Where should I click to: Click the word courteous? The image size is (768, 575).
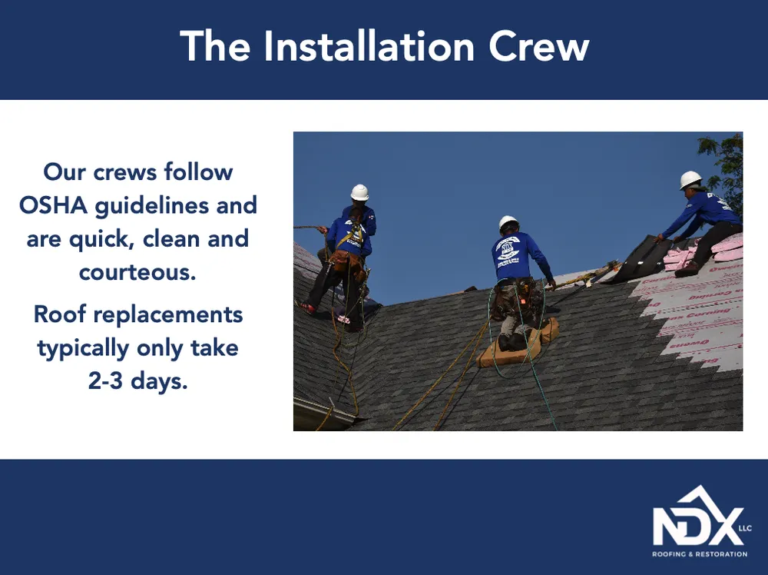pos(137,271)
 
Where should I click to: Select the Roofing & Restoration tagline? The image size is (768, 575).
pos(699,554)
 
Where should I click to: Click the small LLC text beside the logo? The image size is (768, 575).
pos(745,528)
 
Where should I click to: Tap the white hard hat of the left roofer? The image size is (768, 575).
pos(359,192)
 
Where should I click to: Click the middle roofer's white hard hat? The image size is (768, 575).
pos(508,223)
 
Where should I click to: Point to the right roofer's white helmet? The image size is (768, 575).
pos(690,180)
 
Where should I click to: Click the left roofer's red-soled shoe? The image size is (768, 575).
pos(309,307)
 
